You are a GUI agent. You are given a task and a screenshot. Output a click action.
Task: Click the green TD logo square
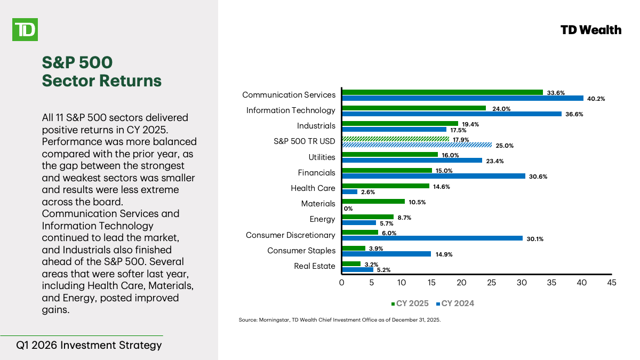(25, 29)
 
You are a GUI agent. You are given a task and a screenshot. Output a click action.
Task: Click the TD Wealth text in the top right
(591, 30)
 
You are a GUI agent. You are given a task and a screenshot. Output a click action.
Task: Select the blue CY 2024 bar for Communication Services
(462, 98)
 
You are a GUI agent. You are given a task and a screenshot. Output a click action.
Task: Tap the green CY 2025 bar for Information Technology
(413, 108)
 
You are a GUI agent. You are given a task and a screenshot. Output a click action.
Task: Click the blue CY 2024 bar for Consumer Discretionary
(431, 238)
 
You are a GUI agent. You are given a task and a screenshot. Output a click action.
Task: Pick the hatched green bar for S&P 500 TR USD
(395, 139)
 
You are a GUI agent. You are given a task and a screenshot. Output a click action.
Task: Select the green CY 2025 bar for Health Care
(385, 186)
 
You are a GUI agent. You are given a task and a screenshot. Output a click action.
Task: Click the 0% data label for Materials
(348, 208)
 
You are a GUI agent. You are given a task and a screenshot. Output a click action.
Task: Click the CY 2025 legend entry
(410, 303)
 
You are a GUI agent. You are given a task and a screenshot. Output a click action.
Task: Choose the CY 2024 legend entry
(455, 303)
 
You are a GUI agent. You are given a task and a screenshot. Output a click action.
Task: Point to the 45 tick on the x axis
(611, 283)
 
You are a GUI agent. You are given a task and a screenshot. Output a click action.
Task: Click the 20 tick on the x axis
(461, 283)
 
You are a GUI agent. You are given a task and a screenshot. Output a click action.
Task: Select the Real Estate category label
(315, 266)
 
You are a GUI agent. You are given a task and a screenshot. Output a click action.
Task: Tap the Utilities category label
(322, 157)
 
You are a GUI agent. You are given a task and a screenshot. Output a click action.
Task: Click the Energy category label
(322, 219)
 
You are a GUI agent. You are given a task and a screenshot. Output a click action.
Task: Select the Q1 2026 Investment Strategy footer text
(89, 345)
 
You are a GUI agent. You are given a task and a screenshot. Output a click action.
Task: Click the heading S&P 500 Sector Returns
(101, 71)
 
